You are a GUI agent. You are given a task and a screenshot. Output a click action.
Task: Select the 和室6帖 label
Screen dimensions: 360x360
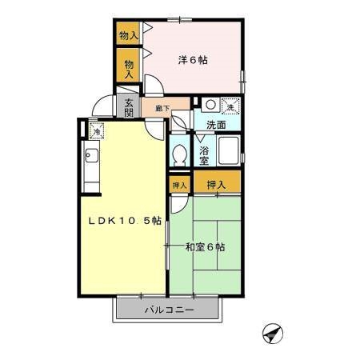(x=206, y=247)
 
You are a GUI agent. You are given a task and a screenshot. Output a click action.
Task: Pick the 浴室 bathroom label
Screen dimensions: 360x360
(x=205, y=154)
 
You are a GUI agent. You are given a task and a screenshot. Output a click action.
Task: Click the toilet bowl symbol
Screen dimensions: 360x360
(x=180, y=154)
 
